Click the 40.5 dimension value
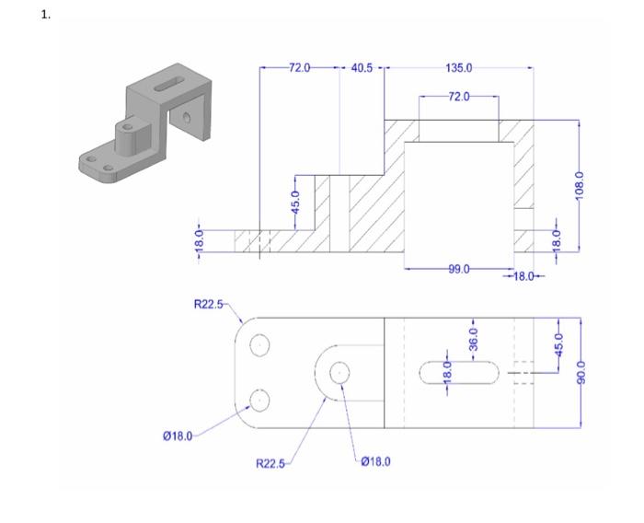[x=361, y=68]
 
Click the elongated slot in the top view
[x=459, y=372]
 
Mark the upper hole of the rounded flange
[x=260, y=344]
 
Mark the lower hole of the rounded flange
[x=260, y=400]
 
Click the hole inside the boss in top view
[x=339, y=372]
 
